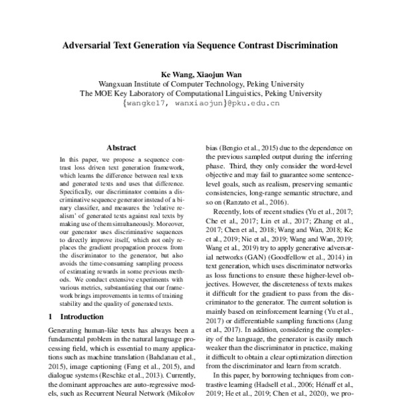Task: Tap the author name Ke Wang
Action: pyautogui.click(x=174, y=74)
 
